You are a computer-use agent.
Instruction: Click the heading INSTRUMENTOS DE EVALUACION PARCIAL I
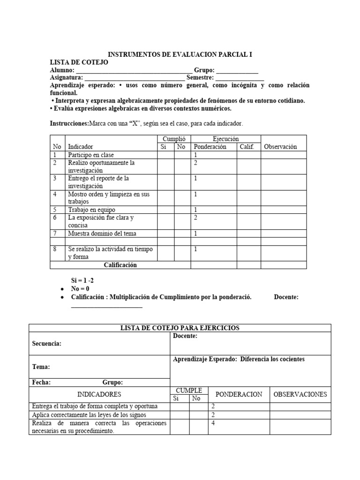(x=180, y=54)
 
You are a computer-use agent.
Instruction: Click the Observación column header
(x=280, y=147)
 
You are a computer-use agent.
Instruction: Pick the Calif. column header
(x=247, y=147)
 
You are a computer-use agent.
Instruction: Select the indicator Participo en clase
(x=91, y=155)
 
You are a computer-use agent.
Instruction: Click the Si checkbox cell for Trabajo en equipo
(x=165, y=210)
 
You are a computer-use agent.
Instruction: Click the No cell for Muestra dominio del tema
(x=182, y=233)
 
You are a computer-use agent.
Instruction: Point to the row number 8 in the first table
(x=55, y=249)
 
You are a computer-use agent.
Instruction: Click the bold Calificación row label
(x=120, y=265)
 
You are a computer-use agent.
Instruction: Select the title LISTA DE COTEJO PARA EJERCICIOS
(x=180, y=328)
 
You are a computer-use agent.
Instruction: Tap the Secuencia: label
(x=46, y=344)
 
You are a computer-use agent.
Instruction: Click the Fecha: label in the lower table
(x=41, y=382)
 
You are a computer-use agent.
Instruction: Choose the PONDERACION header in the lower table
(x=238, y=394)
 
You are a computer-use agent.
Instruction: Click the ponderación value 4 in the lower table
(x=213, y=423)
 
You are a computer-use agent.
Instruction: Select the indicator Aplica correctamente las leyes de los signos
(x=89, y=415)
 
